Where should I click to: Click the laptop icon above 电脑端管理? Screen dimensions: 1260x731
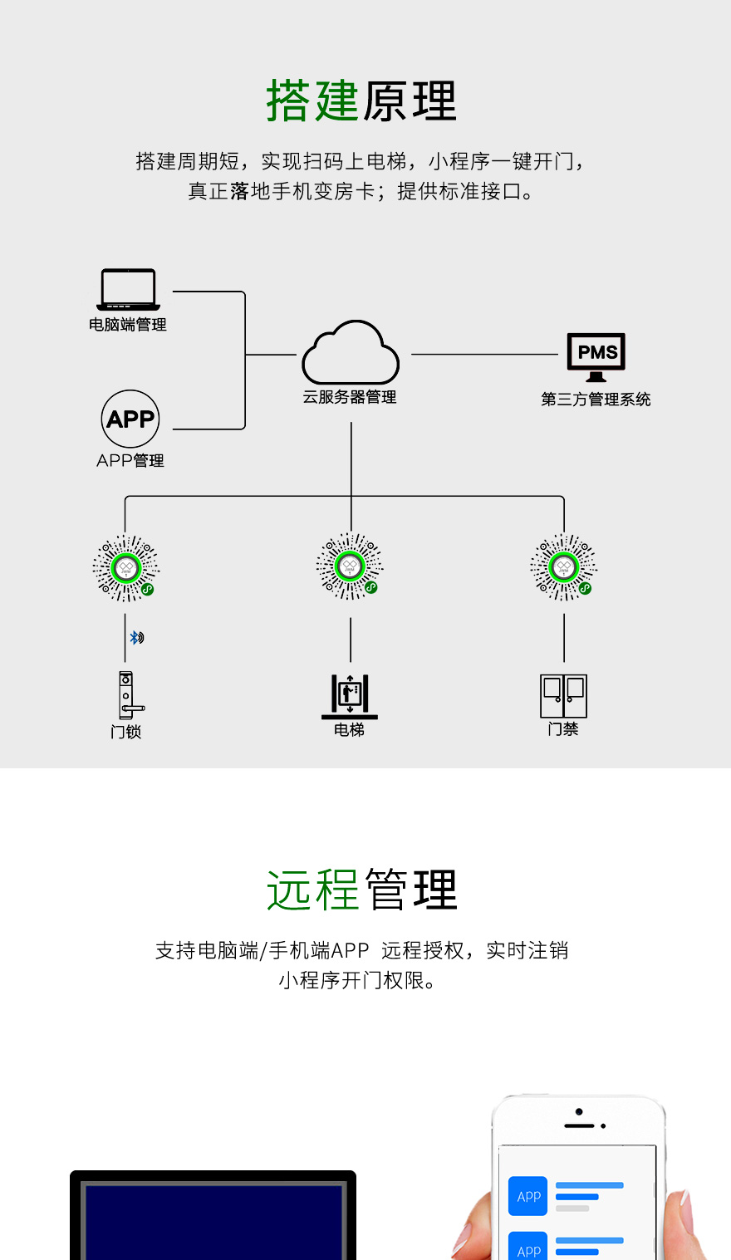click(128, 290)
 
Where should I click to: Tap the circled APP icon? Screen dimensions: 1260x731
click(130, 419)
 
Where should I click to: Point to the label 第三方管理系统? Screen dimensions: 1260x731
click(596, 400)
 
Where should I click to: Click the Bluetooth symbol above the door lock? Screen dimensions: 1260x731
click(136, 638)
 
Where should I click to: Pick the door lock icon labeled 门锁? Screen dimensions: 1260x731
click(127, 695)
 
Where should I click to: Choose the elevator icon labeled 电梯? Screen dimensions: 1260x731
click(350, 695)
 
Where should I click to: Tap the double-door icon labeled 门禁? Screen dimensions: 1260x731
click(564, 696)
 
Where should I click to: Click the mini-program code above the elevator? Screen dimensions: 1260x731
click(350, 567)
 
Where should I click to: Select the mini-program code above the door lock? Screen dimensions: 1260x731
click(125, 568)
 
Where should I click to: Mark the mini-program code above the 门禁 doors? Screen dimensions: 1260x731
click(564, 568)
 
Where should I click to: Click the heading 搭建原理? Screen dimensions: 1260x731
click(361, 101)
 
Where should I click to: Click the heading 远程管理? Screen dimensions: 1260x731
click(361, 890)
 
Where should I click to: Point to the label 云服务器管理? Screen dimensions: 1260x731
click(350, 398)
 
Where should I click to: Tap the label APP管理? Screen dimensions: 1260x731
click(130, 461)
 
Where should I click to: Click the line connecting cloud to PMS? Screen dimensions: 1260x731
click(484, 355)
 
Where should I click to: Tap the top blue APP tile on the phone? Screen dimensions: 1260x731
click(528, 1196)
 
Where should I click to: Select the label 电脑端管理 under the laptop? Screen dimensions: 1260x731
click(128, 325)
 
